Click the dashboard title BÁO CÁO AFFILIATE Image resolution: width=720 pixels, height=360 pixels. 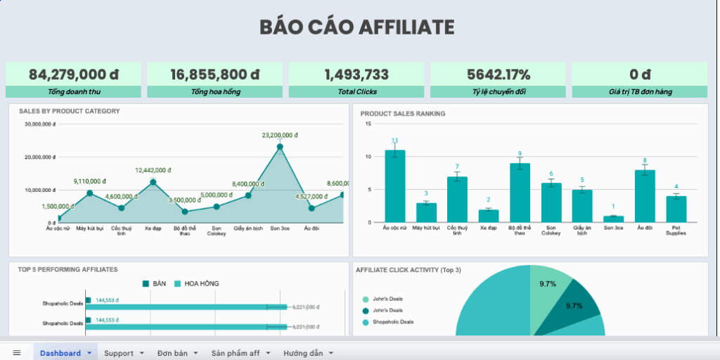[x=356, y=27]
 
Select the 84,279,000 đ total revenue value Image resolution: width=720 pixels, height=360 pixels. [x=73, y=75]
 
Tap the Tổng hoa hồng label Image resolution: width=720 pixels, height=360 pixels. [x=214, y=92]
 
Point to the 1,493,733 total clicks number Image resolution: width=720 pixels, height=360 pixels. [x=356, y=75]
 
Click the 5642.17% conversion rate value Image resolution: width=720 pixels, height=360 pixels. [x=498, y=75]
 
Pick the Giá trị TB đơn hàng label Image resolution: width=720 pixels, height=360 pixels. [x=639, y=92]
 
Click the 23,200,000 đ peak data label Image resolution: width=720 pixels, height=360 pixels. [x=280, y=135]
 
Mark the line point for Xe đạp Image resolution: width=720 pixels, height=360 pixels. [x=153, y=182]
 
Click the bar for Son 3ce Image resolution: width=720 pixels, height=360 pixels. [x=613, y=219]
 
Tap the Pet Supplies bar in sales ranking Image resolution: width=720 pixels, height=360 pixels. [x=676, y=209]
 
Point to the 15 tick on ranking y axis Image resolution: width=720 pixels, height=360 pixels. [x=368, y=124]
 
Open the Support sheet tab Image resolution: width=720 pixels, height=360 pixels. [x=119, y=353]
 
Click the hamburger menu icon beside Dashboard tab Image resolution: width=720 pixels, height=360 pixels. [x=17, y=353]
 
